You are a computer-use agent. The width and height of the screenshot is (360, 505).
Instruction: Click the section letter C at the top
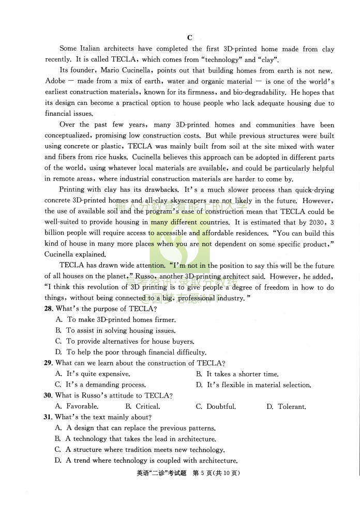[189, 38]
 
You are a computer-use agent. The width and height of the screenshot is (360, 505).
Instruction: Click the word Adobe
[55, 81]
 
